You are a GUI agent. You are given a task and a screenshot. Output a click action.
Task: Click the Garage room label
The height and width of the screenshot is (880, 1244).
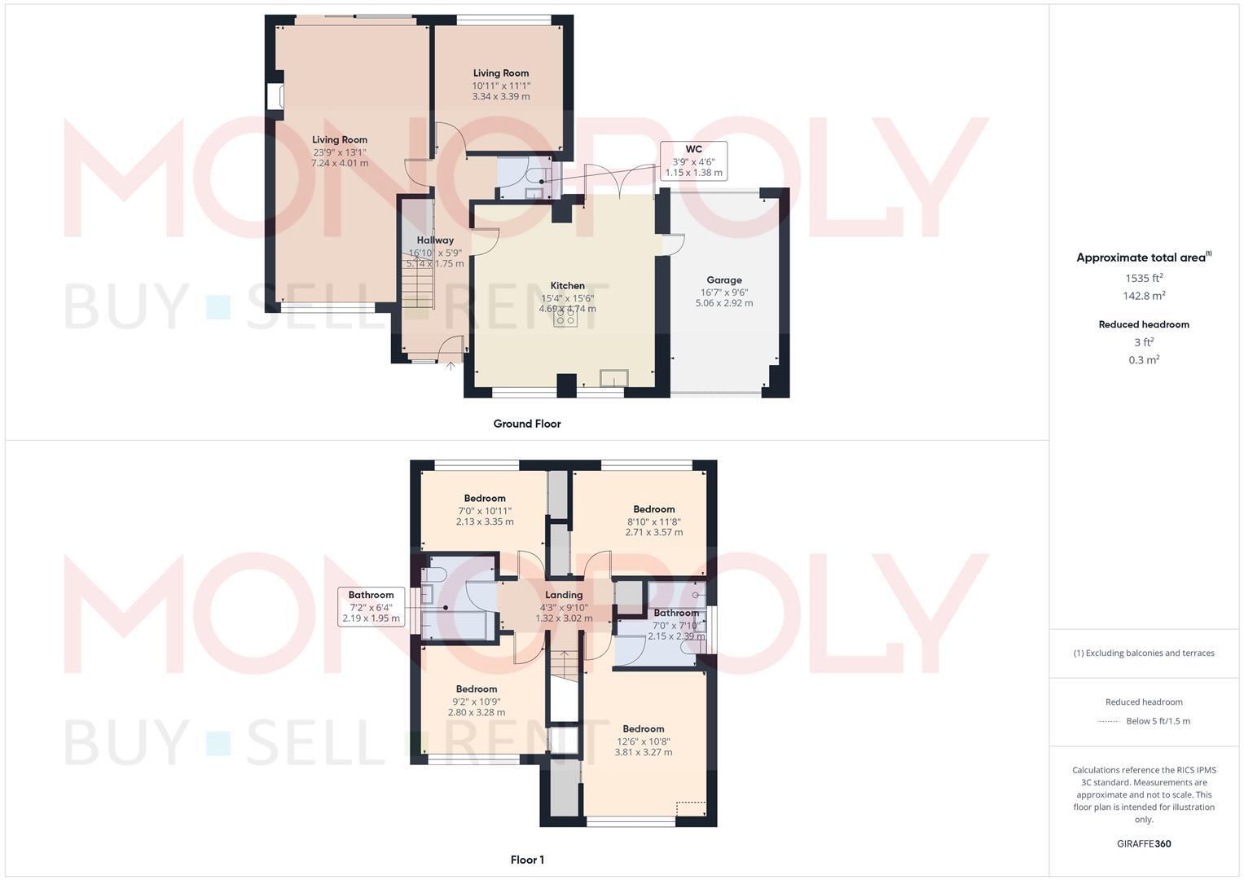723,280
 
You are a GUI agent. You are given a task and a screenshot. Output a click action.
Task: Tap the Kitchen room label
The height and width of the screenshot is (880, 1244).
567,286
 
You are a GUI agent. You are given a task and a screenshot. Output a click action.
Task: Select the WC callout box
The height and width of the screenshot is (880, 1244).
693,161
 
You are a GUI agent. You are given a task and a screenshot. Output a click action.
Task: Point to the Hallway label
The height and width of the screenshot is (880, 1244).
435,240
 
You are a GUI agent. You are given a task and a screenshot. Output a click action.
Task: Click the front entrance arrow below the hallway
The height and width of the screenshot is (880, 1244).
451,366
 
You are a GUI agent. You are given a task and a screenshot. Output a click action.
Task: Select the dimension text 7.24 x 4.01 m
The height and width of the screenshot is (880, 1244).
339,163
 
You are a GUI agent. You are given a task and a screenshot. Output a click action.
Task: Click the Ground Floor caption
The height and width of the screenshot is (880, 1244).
526,424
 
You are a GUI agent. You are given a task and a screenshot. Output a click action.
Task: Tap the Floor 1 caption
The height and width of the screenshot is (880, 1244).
526,860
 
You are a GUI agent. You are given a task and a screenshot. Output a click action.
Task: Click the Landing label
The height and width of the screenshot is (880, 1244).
564,595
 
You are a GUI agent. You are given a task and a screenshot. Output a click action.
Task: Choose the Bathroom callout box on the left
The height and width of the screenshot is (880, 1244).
371,607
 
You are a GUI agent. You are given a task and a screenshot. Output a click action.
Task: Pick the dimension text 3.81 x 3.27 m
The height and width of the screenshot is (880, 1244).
643,752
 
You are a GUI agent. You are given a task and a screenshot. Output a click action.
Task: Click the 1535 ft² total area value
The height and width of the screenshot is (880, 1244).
1144,278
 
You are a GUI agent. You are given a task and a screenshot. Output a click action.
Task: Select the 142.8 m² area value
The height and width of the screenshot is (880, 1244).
1144,296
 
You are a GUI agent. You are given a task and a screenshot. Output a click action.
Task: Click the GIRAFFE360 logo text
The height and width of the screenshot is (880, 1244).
1144,843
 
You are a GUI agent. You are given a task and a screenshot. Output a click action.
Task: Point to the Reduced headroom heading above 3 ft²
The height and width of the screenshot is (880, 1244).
1144,324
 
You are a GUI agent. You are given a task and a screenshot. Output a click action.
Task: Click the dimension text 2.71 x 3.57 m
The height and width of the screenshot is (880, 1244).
653,532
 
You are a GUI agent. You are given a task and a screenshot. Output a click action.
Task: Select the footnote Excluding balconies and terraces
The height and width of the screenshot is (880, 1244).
1144,653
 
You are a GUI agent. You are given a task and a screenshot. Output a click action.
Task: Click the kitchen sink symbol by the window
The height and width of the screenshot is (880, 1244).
613,377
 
